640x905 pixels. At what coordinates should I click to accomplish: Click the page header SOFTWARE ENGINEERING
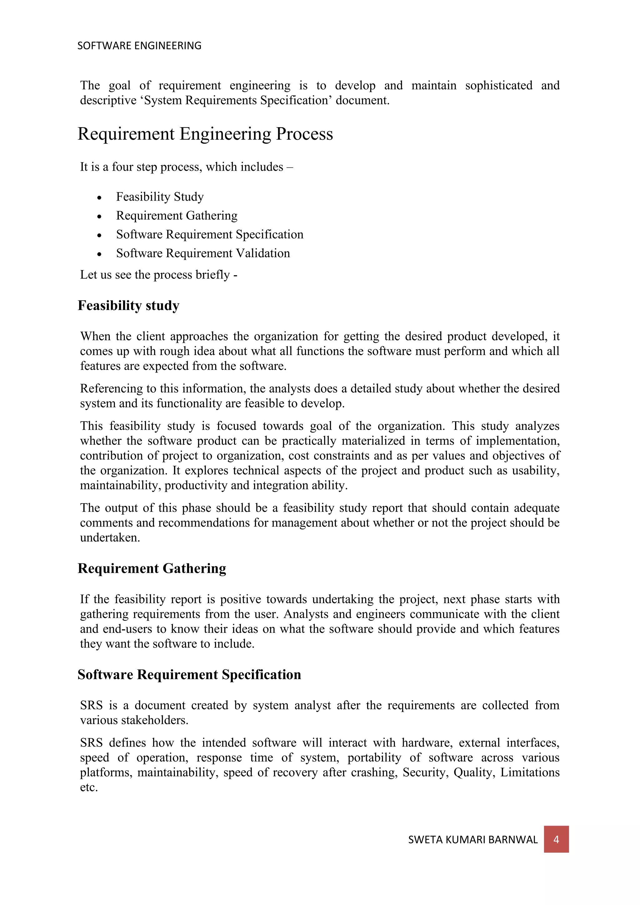139,46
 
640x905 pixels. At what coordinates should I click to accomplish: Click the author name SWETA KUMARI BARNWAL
472,840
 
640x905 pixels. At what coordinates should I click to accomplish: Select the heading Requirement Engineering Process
205,134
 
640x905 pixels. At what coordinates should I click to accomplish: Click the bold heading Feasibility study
128,306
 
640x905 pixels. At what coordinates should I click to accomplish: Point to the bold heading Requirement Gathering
152,568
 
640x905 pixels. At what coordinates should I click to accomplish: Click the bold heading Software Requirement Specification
189,674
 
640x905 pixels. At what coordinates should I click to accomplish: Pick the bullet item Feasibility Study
160,197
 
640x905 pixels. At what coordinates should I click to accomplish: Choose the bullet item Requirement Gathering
177,216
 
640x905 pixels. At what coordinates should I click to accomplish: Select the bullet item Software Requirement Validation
202,253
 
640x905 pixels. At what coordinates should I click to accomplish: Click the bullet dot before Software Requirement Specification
99,235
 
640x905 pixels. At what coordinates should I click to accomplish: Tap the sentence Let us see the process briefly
158,275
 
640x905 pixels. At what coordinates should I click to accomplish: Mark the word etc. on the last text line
89,787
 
